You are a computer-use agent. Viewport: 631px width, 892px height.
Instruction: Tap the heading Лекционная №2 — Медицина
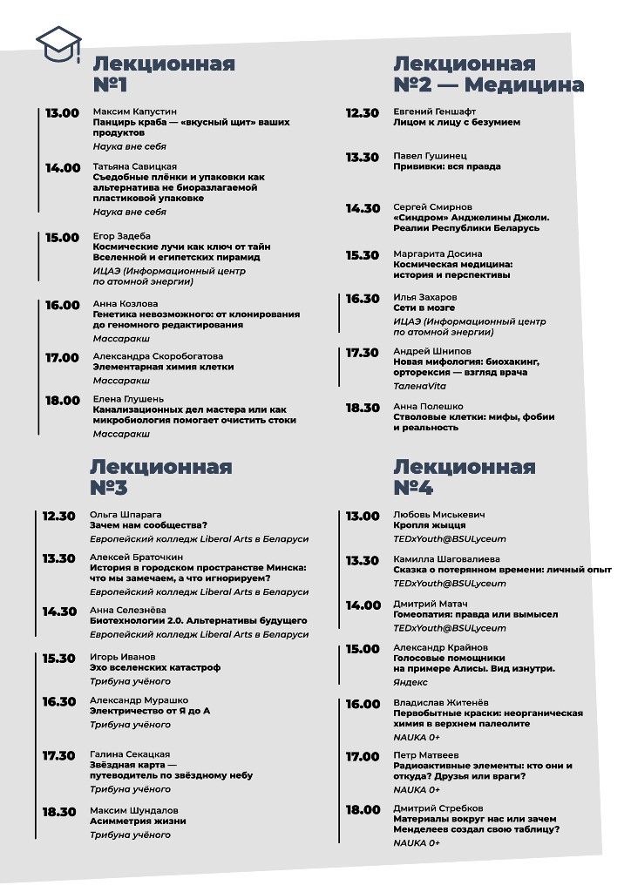click(488, 75)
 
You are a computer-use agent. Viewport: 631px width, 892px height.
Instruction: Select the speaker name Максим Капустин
click(134, 112)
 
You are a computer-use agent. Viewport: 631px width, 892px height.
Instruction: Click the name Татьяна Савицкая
click(134, 166)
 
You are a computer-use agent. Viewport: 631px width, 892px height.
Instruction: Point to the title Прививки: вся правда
click(446, 166)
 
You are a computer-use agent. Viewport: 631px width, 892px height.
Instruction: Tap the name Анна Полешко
click(428, 406)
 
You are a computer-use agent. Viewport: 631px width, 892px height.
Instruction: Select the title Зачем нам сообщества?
click(148, 525)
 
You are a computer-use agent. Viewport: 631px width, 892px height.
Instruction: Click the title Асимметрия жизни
click(138, 821)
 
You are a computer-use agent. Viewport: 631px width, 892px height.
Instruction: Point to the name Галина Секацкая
click(130, 754)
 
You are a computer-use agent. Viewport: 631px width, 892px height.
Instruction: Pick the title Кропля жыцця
click(429, 525)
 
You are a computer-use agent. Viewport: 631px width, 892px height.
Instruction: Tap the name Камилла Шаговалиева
click(446, 558)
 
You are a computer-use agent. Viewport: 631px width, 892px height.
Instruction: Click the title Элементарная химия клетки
click(163, 367)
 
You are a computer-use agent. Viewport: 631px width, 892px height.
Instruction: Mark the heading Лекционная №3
click(160, 476)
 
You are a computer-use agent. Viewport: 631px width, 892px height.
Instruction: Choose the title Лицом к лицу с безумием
click(457, 123)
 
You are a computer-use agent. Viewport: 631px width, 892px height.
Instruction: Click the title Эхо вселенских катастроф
click(154, 667)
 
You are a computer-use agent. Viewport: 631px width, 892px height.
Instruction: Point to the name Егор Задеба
click(121, 236)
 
